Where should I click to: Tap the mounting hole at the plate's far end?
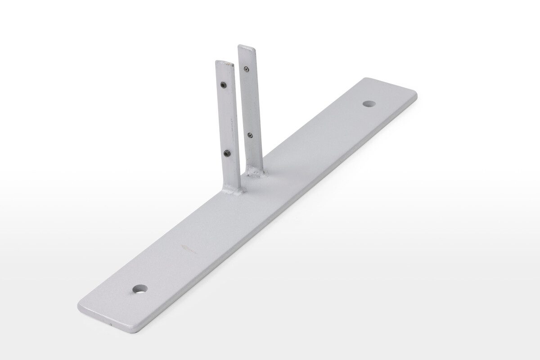coord(369,103)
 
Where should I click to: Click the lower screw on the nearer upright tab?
coord(228,154)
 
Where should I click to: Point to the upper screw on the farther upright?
coord(247,68)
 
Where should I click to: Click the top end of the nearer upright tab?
coord(225,63)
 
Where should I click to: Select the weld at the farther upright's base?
coord(253,173)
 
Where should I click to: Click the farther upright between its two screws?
coord(249,101)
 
